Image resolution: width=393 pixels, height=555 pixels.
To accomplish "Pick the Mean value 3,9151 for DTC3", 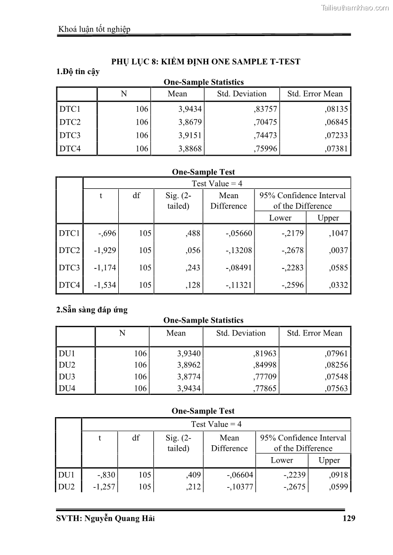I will pos(190,135).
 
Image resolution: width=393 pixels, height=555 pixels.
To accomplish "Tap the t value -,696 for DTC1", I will pos(107,233).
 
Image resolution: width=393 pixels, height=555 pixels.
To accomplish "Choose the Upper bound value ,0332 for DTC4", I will pos(339,285).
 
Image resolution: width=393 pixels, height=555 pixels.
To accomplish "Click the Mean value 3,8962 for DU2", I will pos(190,365).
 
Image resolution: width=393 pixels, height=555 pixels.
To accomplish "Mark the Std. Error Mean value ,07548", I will pos(337,377).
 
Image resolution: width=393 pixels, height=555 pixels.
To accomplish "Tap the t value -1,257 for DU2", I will pos(104,487).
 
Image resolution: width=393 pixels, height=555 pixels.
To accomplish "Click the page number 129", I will pos(348,518).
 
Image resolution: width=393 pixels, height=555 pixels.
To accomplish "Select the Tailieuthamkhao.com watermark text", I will pos(355,8).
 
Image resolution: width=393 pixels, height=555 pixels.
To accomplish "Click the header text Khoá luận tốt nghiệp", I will pos(95,29).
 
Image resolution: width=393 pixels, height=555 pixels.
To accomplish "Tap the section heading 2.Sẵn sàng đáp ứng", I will pos(92,310).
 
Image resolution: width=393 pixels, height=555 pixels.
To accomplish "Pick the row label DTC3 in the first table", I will pos(70,135).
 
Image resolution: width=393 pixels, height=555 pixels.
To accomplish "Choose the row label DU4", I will pos(67,389).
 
